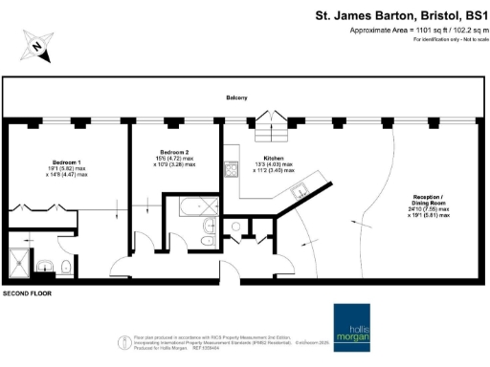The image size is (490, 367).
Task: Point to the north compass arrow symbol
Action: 35,44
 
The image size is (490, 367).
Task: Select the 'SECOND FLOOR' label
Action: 27,294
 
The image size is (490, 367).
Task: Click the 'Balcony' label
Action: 237,97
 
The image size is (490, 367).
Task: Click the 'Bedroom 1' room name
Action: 67,162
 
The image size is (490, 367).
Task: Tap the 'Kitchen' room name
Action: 275,159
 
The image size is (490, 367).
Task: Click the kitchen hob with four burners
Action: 231,172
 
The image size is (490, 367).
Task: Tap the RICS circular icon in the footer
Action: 124,340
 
